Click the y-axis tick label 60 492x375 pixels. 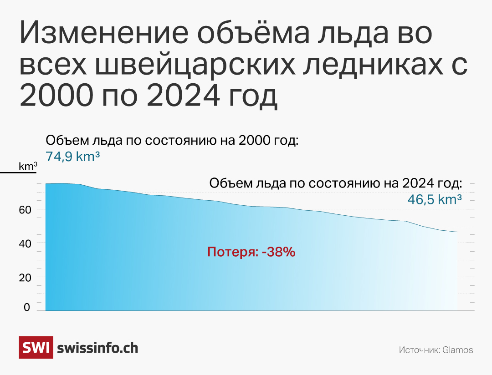click(x=25, y=210)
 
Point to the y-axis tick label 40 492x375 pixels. click(x=25, y=243)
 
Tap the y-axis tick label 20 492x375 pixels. click(x=25, y=278)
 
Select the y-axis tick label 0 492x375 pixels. click(x=27, y=307)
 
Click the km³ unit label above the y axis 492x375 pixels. click(x=28, y=166)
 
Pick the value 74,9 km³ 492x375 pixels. click(x=73, y=157)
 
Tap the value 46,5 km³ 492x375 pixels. click(x=435, y=199)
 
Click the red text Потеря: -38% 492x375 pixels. click(x=251, y=252)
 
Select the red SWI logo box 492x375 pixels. click(x=36, y=347)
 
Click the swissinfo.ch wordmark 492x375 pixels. click(x=97, y=348)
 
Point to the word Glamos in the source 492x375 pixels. click(x=458, y=350)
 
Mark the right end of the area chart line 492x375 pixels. click(x=457, y=232)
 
